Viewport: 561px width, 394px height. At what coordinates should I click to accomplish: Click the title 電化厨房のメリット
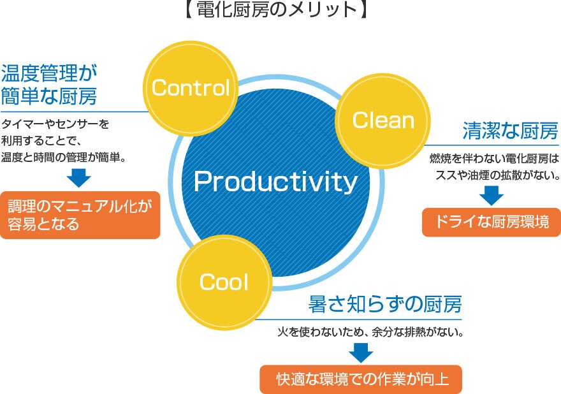click(276, 10)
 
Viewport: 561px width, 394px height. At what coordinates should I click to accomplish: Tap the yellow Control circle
click(191, 89)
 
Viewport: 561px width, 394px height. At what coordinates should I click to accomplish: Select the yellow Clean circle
click(383, 120)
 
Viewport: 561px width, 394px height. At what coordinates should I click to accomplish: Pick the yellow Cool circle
click(224, 282)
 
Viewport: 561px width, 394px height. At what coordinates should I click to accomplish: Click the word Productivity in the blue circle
click(275, 182)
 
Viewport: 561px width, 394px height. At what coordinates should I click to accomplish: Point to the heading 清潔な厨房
click(511, 131)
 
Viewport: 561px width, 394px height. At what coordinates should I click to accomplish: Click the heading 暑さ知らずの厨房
click(385, 305)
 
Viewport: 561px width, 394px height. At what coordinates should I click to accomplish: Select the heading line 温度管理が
click(49, 73)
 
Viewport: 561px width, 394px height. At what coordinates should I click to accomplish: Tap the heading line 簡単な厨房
click(49, 96)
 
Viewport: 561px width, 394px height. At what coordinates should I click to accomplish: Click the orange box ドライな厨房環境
click(492, 223)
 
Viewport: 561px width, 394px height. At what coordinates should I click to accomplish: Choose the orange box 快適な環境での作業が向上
click(361, 379)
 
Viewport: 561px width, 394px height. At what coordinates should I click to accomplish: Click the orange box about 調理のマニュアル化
click(80, 215)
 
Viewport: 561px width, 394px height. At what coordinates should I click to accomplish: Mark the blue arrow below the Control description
click(78, 178)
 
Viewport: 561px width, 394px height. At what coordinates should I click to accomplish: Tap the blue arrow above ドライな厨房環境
click(492, 195)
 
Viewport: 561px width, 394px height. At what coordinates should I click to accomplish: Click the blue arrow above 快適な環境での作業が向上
click(361, 353)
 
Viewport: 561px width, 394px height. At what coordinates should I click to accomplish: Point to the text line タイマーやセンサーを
click(55, 124)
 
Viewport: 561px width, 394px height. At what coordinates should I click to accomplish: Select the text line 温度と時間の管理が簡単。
click(64, 157)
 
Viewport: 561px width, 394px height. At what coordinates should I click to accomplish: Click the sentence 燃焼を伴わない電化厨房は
click(494, 159)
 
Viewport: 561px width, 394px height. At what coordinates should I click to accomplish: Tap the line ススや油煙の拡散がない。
click(497, 175)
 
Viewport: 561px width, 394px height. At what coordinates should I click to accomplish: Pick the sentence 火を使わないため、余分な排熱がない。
click(370, 332)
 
